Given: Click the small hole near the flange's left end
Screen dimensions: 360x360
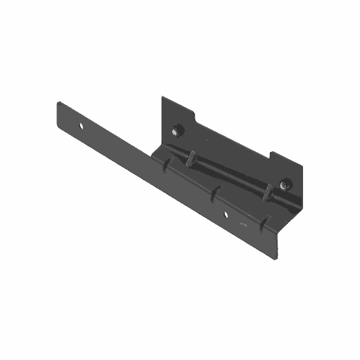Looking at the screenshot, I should tap(82, 127).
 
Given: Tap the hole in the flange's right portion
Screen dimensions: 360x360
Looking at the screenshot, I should tap(226, 212).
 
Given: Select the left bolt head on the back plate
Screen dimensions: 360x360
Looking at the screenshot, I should tap(179, 129).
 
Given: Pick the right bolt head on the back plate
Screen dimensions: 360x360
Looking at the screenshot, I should tap(284, 184).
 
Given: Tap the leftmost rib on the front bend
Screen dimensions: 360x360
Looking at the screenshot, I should tap(165, 166).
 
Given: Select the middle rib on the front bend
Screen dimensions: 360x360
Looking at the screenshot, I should tap(214, 193).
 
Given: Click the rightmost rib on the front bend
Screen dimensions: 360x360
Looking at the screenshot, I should tap(264, 223).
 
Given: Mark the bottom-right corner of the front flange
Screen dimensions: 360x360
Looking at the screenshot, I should tap(276, 257).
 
